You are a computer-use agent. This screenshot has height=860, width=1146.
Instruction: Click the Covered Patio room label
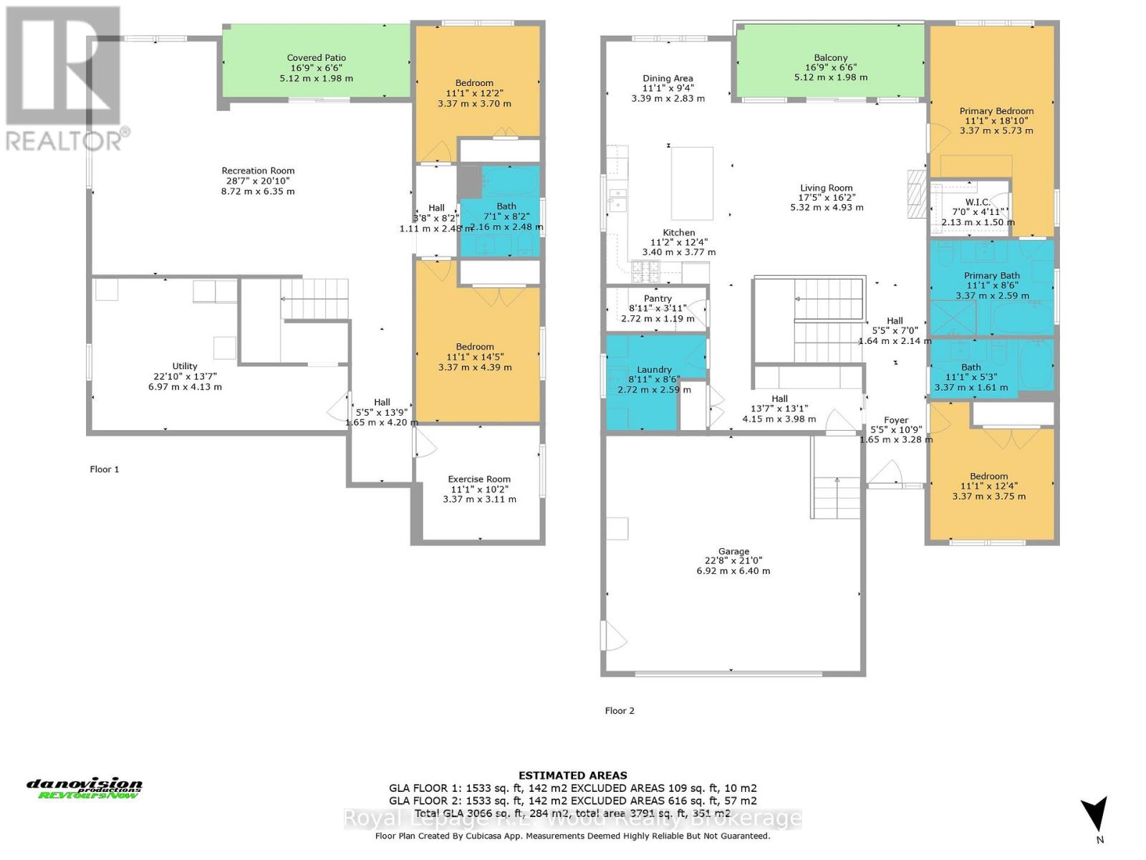[316, 58]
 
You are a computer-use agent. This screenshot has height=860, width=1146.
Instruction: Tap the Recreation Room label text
[258, 171]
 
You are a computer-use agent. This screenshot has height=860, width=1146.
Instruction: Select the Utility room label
[184, 366]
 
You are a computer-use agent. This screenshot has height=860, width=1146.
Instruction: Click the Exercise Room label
[479, 479]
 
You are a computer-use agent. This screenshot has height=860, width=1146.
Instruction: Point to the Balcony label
[830, 58]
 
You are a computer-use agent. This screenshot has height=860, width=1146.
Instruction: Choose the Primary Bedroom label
[996, 111]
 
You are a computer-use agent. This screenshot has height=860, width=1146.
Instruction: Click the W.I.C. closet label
[978, 203]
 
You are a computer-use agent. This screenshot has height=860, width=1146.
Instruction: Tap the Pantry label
[658, 298]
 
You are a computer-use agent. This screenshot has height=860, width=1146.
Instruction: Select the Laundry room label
[654, 370]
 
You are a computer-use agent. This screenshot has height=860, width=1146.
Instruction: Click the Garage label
[733, 551]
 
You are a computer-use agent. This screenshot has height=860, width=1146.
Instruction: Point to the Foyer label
[896, 420]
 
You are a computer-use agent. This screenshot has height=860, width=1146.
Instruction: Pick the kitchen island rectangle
[692, 183]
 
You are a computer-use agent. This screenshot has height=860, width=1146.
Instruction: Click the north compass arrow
[1094, 816]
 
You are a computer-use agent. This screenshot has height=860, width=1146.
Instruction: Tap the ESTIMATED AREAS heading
[572, 775]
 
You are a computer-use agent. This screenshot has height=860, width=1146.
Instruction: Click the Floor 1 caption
[105, 469]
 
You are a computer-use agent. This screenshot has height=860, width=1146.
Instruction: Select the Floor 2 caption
[620, 711]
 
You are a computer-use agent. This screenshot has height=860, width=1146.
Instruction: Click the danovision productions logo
[85, 788]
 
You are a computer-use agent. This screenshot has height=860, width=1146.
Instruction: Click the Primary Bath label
[991, 275]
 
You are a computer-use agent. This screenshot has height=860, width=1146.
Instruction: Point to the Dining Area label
[667, 79]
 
